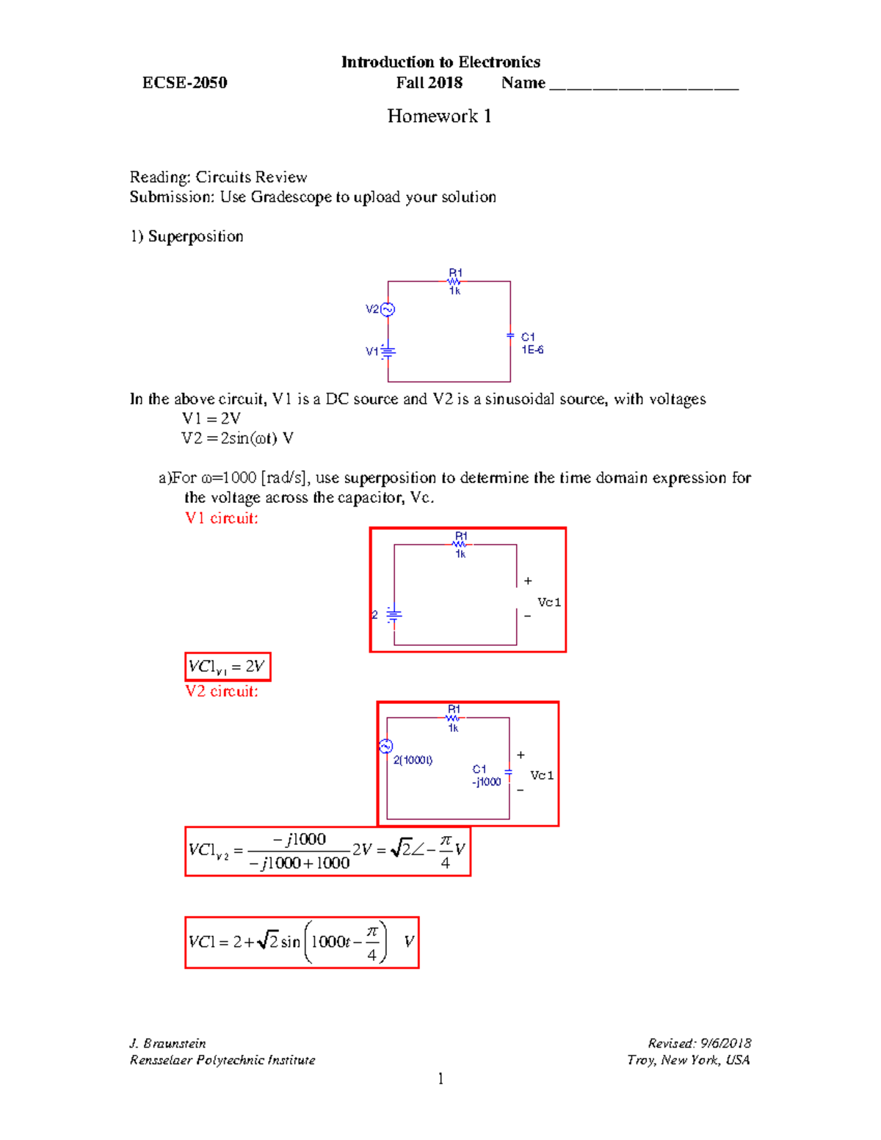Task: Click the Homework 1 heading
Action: tap(439, 116)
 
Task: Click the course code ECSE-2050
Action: tap(184, 83)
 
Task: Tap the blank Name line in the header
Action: tap(643, 84)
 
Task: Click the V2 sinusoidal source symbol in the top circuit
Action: tap(388, 309)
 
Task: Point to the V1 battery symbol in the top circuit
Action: tap(388, 352)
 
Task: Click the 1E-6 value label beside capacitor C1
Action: tap(532, 350)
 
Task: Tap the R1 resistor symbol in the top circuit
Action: tap(455, 280)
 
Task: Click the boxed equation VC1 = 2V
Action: tap(228, 667)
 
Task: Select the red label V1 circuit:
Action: tap(222, 518)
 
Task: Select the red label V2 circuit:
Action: tap(222, 691)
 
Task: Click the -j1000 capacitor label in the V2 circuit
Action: tap(486, 782)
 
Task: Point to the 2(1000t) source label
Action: tap(413, 760)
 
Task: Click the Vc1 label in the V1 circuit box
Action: tap(549, 603)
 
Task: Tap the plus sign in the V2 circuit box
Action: tap(521, 755)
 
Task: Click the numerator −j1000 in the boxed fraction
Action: tap(299, 839)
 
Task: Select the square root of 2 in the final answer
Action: tap(267, 941)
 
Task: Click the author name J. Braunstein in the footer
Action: tap(167, 1043)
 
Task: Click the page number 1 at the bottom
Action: tap(440, 1078)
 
